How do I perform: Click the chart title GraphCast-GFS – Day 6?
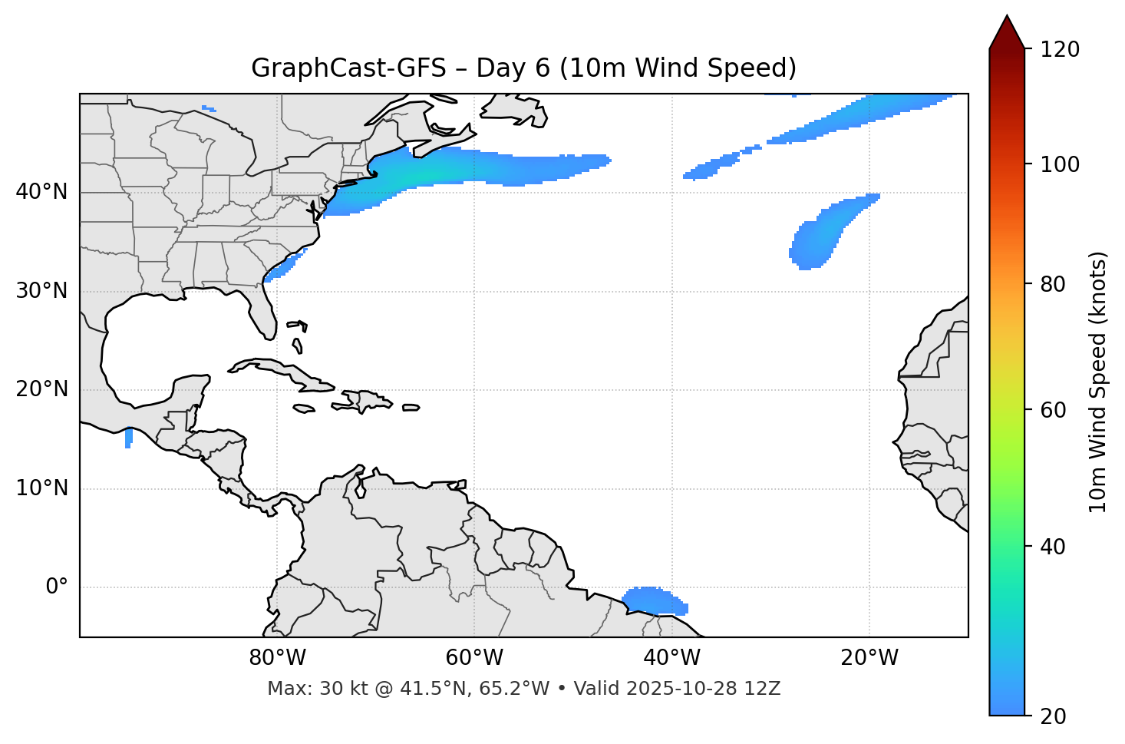523,68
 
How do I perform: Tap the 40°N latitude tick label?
41,192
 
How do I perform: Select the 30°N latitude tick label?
41,291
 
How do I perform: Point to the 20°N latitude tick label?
41,389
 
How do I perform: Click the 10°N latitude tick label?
41,488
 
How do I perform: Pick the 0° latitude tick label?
57,587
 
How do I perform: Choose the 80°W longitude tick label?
277,658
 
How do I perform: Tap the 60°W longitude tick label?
474,658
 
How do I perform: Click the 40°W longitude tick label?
672,658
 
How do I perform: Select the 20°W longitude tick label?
869,658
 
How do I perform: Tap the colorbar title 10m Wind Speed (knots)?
1098,382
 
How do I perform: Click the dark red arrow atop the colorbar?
1007,33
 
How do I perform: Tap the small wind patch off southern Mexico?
128,438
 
